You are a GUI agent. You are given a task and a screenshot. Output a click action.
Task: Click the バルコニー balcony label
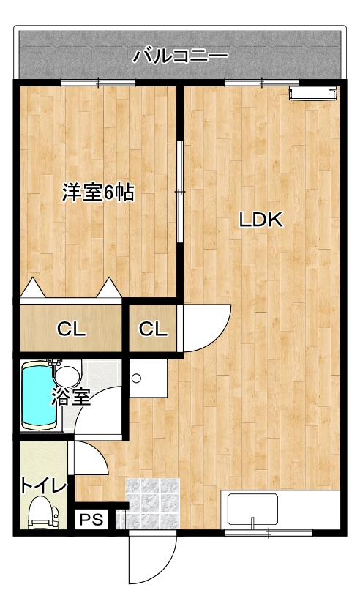coord(180,56)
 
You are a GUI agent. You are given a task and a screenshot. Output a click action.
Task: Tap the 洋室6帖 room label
coord(98,193)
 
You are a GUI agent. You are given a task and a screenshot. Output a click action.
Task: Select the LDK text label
coord(260,220)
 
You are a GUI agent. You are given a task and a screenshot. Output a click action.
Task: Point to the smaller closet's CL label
coord(153,329)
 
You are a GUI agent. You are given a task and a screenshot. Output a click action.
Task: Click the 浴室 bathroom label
coord(72,398)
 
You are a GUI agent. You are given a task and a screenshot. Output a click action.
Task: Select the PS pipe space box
coord(92,519)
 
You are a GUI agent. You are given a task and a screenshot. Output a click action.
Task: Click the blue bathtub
coord(38,395)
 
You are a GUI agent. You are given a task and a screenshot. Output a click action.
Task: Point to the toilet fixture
coord(42,512)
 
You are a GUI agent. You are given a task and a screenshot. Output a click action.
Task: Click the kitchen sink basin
coord(252,510)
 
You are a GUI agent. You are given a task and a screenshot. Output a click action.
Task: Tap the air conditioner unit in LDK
coord(312,94)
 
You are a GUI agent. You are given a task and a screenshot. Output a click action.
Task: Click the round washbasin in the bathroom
coord(67,376)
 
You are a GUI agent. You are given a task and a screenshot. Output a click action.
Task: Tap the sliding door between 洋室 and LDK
coord(179,192)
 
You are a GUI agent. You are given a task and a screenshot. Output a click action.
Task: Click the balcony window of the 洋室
coord(98,83)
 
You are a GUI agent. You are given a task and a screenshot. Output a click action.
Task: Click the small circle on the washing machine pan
coord(136,378)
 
